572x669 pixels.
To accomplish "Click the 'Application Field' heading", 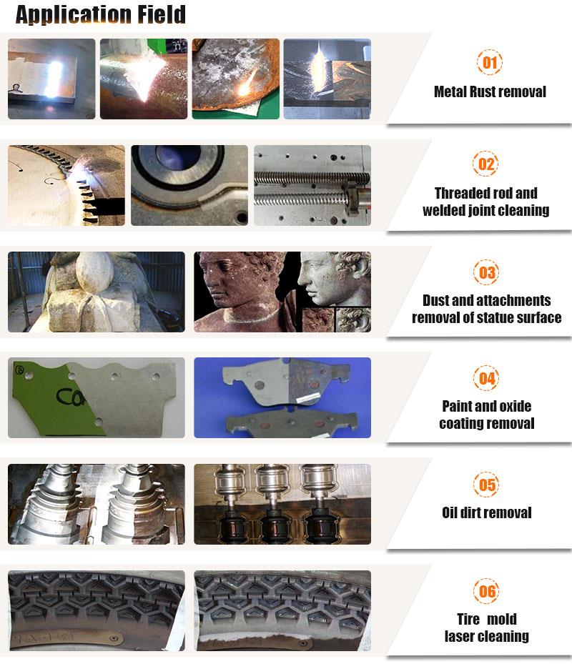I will (x=100, y=14).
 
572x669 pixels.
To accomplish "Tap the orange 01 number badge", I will (x=489, y=63).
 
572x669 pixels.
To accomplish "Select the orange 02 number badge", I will (x=486, y=165).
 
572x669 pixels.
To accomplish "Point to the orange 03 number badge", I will (x=486, y=272).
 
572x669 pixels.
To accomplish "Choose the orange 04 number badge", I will (x=487, y=378).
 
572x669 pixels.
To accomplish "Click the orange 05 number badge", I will (x=487, y=485).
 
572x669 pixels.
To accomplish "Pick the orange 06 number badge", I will (x=487, y=592).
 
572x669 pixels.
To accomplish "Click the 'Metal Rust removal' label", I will (x=490, y=91).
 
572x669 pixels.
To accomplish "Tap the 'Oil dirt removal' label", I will (x=487, y=512).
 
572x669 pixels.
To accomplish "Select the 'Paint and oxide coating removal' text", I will (x=487, y=415).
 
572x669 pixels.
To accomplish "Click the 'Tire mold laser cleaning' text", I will (x=487, y=628).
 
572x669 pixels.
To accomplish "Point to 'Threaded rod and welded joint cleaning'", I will (x=486, y=202).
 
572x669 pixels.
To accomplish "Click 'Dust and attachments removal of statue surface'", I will (x=486, y=309).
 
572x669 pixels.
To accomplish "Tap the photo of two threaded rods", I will (x=312, y=185).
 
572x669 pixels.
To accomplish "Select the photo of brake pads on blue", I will (x=282, y=397).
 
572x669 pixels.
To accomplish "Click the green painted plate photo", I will (x=96, y=397).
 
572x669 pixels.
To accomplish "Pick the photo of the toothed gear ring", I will (x=66, y=185).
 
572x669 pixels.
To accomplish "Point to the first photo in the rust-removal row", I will (x=51, y=79).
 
